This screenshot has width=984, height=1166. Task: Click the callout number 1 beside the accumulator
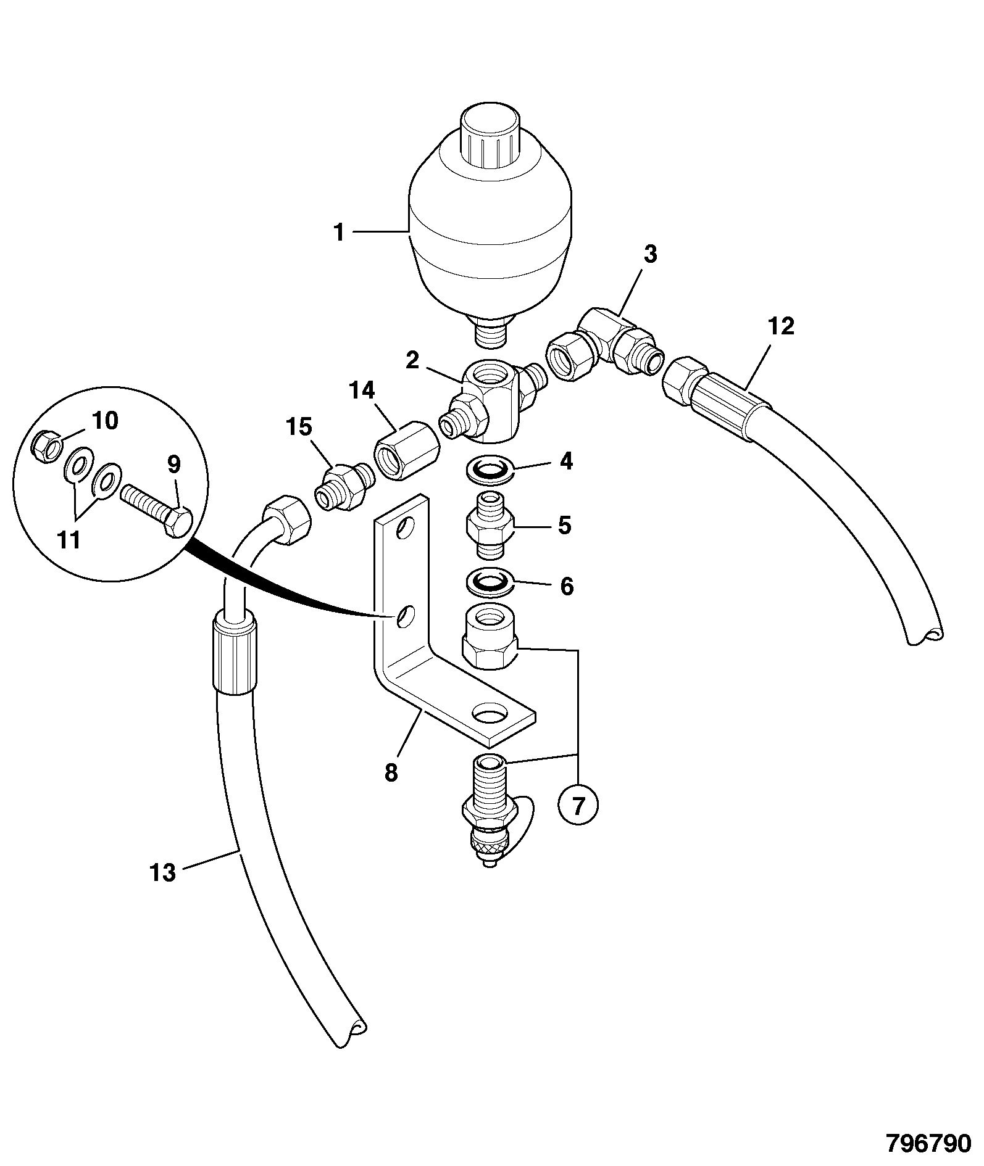tap(338, 233)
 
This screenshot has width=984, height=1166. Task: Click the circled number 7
tap(578, 805)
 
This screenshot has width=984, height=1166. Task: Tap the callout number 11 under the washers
tap(69, 540)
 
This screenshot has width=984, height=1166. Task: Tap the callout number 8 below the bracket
tap(391, 772)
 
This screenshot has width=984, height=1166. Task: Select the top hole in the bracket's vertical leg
tap(406, 527)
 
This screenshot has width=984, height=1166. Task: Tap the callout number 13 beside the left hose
tap(162, 872)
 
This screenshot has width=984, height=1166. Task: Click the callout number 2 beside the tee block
tap(412, 361)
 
